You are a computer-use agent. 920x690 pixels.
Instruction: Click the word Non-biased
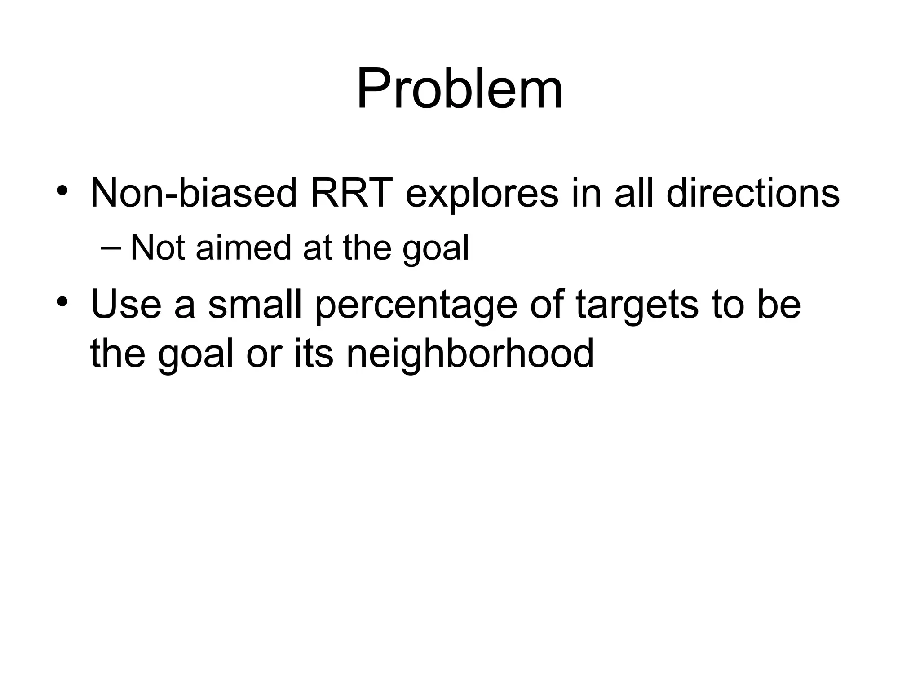[x=194, y=193]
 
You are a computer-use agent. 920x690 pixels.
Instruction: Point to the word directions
[x=753, y=193]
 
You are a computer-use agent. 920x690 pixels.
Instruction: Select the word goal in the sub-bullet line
[x=435, y=250]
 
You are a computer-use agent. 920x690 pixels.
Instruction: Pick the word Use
[x=126, y=305]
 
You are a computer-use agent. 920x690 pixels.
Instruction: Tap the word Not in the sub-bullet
[x=157, y=248]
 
